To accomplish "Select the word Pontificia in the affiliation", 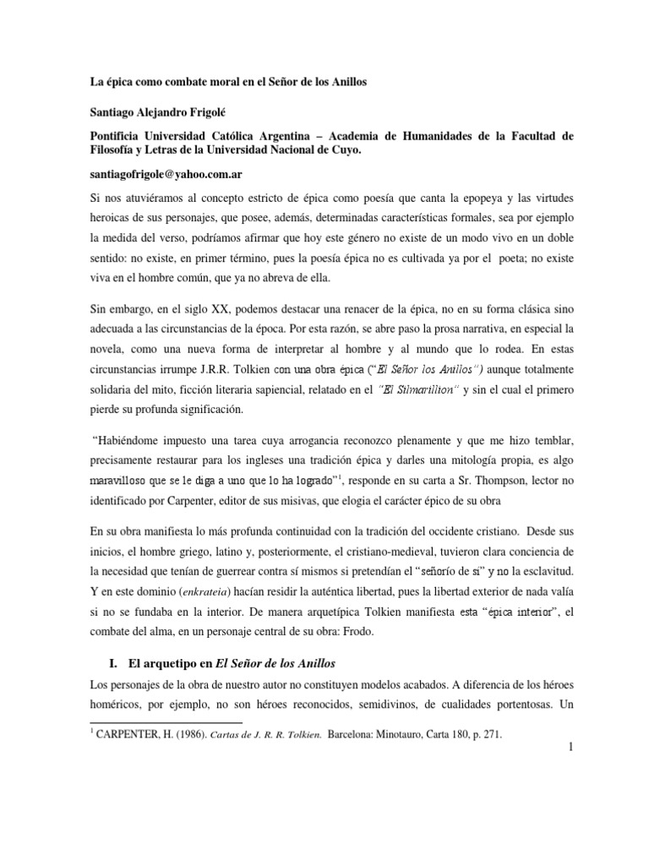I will click(x=123, y=136).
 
